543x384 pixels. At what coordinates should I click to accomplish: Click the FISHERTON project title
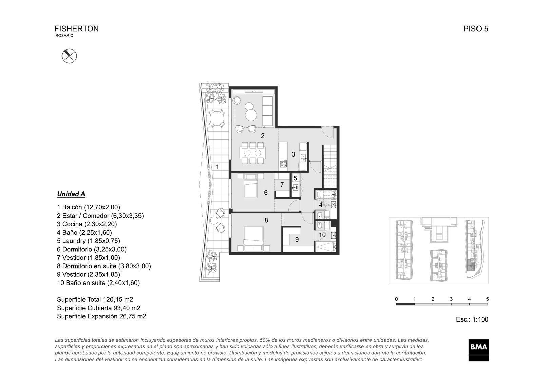point(77,29)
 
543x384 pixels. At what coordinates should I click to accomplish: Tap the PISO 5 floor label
point(475,29)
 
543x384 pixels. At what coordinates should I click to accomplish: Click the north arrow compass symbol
point(69,56)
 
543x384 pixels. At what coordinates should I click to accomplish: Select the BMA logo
point(479,350)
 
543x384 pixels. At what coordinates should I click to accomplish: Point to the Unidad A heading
point(71,194)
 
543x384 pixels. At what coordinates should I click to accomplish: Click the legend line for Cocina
point(87,224)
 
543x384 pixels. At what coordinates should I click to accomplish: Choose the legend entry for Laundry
point(89,241)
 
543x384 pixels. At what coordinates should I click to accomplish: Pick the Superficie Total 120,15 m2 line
point(95,299)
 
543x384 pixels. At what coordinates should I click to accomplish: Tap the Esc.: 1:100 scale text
point(472,319)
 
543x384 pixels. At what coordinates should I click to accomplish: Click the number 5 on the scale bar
point(487,299)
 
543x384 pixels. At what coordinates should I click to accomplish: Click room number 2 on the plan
point(263,136)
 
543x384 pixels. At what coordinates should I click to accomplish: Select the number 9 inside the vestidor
point(297,240)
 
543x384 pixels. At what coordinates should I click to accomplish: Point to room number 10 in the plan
point(322,235)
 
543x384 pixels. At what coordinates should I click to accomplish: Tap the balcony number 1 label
point(217,167)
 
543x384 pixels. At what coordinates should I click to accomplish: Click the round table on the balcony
point(217,118)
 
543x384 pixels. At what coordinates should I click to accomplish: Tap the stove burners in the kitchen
point(283,164)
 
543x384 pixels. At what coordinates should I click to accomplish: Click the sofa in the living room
point(268,111)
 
